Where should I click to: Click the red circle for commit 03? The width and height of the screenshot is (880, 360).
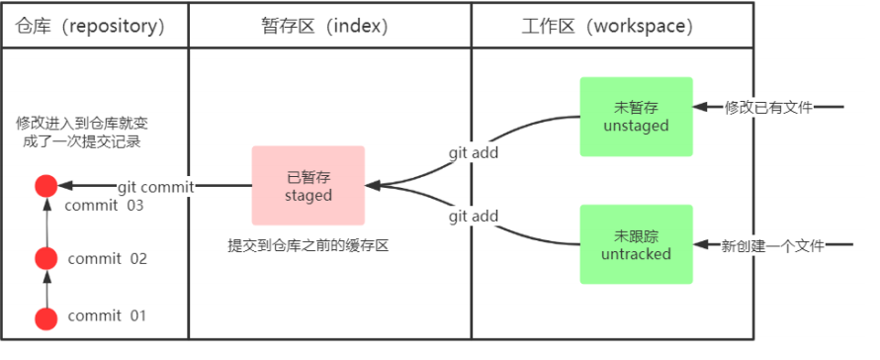pyautogui.click(x=45, y=186)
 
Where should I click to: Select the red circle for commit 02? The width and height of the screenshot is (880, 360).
pyautogui.click(x=45, y=259)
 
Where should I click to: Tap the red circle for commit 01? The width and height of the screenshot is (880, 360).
pyautogui.click(x=45, y=317)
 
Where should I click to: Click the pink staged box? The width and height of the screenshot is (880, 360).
pyautogui.click(x=308, y=186)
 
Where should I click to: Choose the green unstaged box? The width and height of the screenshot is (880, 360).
pyautogui.click(x=636, y=116)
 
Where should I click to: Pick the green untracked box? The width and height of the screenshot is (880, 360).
pyautogui.click(x=636, y=243)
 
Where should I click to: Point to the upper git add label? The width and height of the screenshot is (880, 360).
pyautogui.click(x=473, y=152)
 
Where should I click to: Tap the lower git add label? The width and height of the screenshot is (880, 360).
pyautogui.click(x=473, y=215)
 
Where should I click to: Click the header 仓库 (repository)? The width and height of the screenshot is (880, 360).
pyautogui.click(x=90, y=27)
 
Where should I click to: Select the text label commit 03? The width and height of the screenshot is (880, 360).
pyautogui.click(x=105, y=206)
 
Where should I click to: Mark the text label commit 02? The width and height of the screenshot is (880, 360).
pyautogui.click(x=107, y=259)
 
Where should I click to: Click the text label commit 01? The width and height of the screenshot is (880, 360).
pyautogui.click(x=107, y=316)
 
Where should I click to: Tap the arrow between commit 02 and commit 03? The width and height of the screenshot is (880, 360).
pyautogui.click(x=45, y=223)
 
